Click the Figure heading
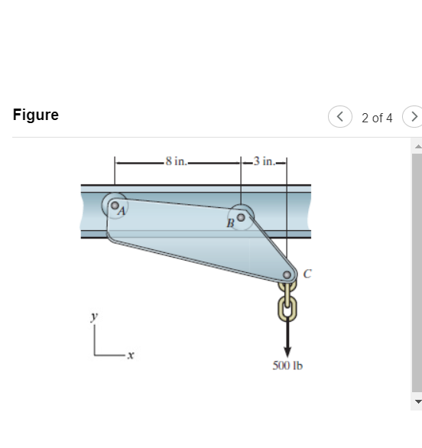(x=36, y=115)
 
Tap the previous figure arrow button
(x=339, y=117)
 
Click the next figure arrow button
(x=414, y=117)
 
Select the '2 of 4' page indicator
(x=377, y=118)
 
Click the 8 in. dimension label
(x=178, y=161)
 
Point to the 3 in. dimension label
(x=265, y=161)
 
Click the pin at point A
(x=113, y=204)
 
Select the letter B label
(x=229, y=224)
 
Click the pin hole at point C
(x=287, y=275)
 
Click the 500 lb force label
(x=287, y=365)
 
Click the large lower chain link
(x=287, y=307)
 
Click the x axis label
(x=131, y=355)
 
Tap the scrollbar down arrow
(x=417, y=401)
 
